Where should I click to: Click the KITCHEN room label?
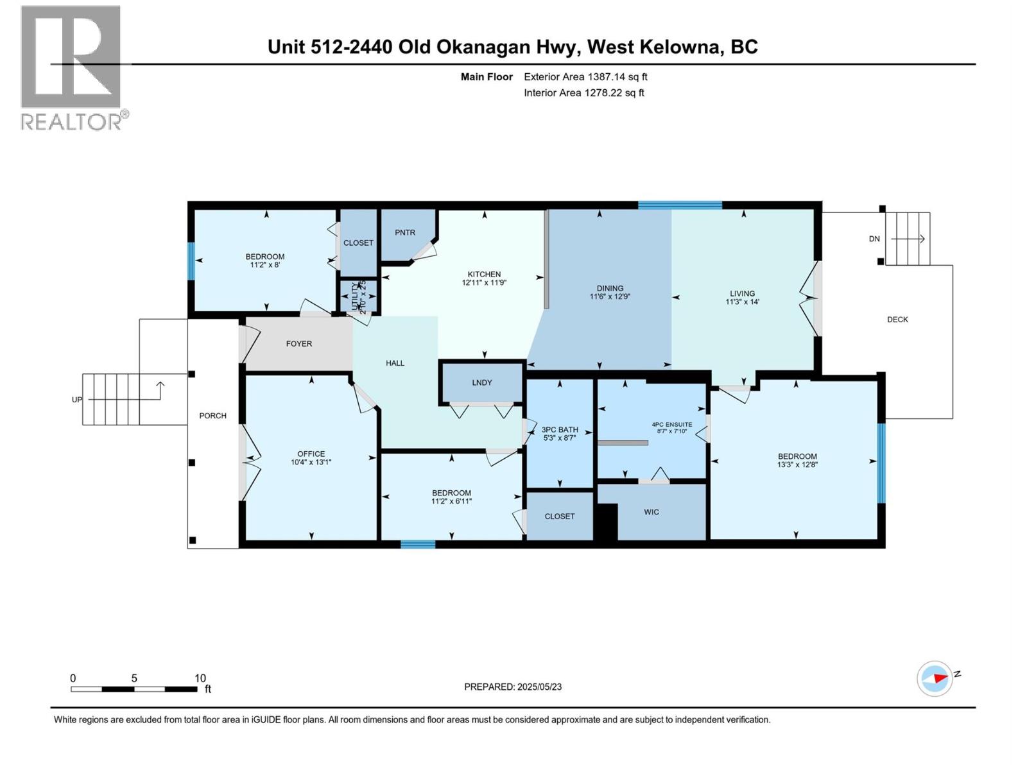coord(484,274)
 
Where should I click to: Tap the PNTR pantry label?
coord(405,233)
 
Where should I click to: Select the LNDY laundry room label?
coord(482,382)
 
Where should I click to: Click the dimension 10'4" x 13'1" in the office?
coord(311,462)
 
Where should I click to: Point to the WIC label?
coord(652,512)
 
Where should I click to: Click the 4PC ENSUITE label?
coord(671,424)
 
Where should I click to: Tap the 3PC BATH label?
coord(560,430)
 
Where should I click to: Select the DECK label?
coord(897,320)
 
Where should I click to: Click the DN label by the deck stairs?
coord(874,239)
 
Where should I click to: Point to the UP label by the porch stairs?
coord(77,400)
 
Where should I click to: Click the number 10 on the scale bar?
coord(200,678)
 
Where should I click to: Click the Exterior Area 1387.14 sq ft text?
coord(585,77)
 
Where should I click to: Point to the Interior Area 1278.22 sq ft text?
coord(583,93)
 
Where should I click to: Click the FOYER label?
coord(299,344)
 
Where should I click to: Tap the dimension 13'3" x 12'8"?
coord(797,465)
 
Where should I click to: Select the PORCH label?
coord(212,416)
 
